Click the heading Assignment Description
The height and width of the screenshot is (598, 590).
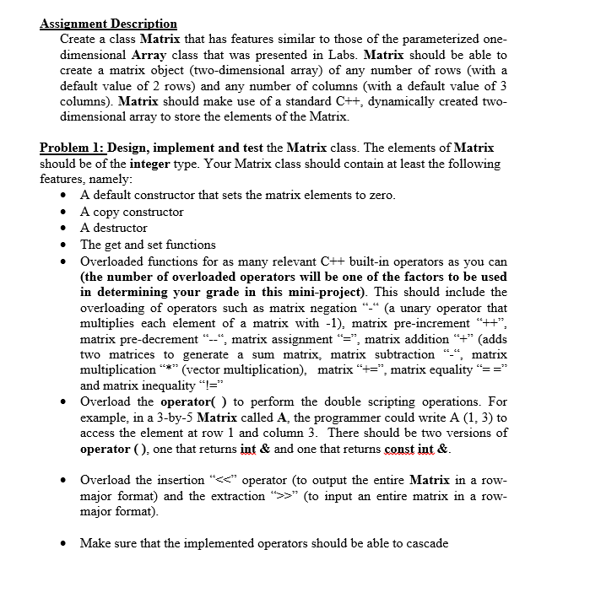pos(109,24)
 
